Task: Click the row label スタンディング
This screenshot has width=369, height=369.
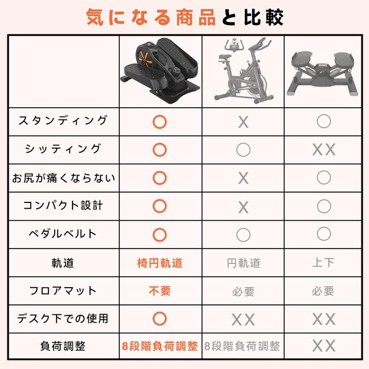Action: click(63, 121)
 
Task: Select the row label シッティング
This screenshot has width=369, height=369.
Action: click(63, 149)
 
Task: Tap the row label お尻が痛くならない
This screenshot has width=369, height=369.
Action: click(63, 178)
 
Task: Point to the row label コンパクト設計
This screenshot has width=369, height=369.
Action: click(63, 206)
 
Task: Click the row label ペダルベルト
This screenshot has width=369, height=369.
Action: click(63, 234)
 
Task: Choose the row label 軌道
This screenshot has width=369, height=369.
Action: click(63, 262)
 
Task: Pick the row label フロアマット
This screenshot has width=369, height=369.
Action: click(63, 291)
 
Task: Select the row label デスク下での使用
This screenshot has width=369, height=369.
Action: click(63, 318)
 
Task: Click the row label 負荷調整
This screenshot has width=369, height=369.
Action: click(63, 346)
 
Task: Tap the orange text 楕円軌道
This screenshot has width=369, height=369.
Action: click(160, 263)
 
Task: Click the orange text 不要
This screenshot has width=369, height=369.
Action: click(160, 291)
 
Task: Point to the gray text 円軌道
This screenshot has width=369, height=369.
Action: click(243, 263)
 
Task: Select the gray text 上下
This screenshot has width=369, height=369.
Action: click(323, 263)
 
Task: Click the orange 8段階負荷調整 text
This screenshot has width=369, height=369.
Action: click(160, 347)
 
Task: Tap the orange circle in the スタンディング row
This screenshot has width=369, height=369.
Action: click(160, 122)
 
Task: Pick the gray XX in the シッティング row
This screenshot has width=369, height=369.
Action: click(323, 150)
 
